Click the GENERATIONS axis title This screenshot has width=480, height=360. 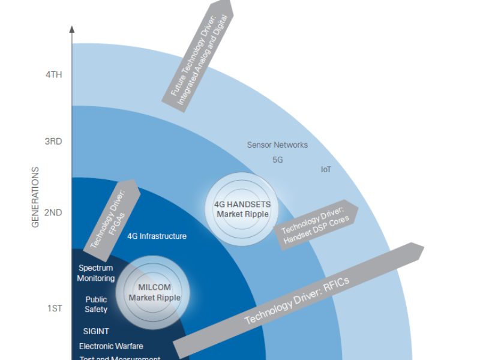(35, 197)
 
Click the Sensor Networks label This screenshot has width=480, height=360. (277, 145)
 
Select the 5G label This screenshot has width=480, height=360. (277, 161)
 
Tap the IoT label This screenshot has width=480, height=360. (326, 170)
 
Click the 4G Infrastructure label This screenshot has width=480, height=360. (157, 236)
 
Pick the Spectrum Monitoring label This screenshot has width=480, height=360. (96, 274)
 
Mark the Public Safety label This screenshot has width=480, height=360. (96, 304)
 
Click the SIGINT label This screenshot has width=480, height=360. (96, 331)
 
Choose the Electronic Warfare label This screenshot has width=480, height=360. (111, 346)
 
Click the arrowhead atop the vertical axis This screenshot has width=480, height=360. (72, 29)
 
